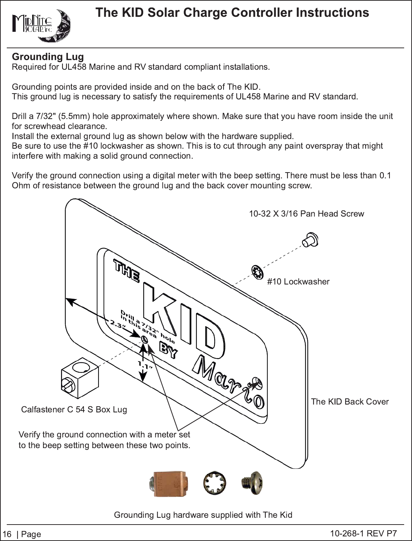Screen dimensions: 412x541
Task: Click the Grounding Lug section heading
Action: coord(48,57)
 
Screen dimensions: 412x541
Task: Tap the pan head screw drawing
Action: coord(310,239)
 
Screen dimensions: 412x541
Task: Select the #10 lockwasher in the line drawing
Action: coord(257,272)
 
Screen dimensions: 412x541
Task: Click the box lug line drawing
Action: coord(80,378)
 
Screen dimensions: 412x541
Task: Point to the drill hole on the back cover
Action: coord(145,340)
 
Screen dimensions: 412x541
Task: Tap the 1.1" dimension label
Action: coord(145,366)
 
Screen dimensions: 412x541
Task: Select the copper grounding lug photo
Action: coord(169,484)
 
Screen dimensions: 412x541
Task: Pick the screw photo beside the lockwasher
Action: coord(252,483)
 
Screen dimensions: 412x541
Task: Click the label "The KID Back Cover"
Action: coord(350,402)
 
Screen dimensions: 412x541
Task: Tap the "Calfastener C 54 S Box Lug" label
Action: coord(74,410)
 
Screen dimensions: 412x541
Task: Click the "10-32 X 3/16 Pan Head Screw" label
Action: coord(307,213)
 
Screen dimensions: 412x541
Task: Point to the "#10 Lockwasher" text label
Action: coord(298,282)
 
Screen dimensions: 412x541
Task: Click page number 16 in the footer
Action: coord(7,534)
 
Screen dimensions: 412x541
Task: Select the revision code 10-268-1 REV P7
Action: coord(363,533)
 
